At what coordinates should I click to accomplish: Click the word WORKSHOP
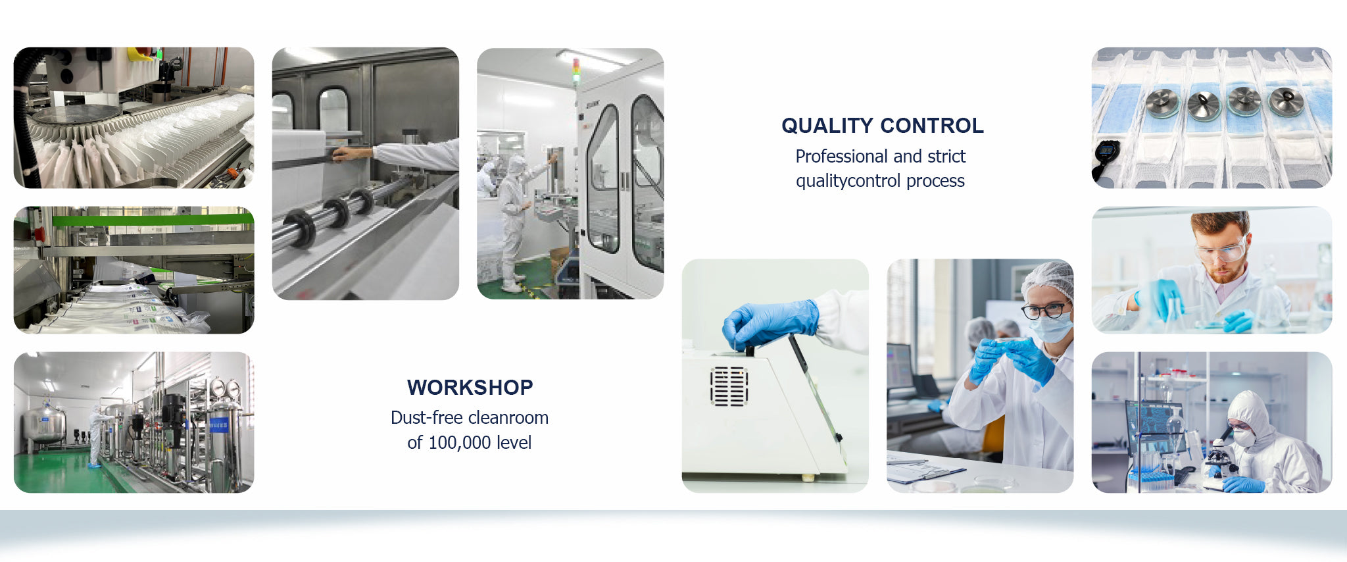[x=470, y=388]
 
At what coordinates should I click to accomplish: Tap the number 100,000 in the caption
[x=460, y=443]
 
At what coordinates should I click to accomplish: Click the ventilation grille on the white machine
[x=729, y=386]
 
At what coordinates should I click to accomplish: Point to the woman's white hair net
[x=1048, y=280]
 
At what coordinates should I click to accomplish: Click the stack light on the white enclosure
[x=576, y=70]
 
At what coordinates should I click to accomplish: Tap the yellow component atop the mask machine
[x=141, y=53]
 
